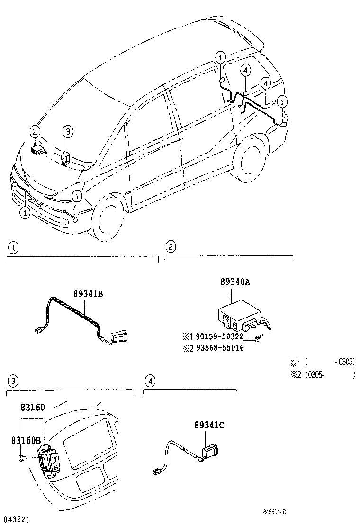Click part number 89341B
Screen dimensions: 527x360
click(88, 294)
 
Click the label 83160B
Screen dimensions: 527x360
click(27, 440)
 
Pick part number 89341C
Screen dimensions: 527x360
click(208, 425)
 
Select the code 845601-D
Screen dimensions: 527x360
click(275, 512)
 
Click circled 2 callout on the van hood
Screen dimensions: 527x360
click(35, 132)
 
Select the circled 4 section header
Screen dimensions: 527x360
click(150, 381)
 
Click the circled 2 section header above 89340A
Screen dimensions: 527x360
click(171, 246)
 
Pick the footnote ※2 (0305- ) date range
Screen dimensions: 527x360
click(322, 374)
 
